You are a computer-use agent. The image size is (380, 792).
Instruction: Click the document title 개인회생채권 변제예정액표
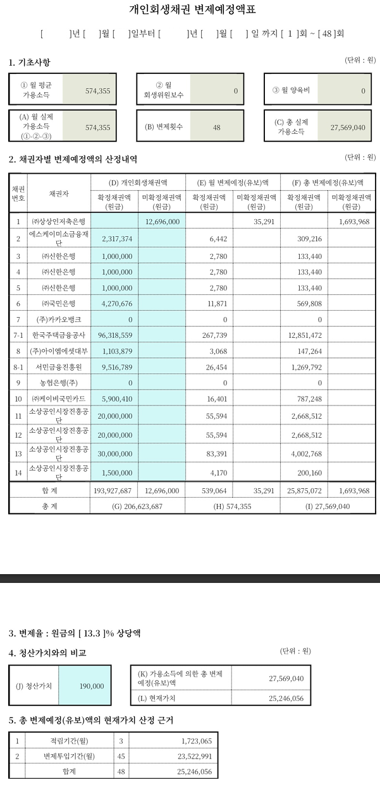point(192,9)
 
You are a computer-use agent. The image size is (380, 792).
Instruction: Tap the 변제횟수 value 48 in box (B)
point(216,127)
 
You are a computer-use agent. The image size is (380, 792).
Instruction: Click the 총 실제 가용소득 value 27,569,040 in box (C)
point(348,127)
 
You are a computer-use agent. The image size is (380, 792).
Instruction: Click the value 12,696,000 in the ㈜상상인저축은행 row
point(162,222)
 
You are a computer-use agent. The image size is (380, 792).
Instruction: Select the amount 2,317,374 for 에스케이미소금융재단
point(116,239)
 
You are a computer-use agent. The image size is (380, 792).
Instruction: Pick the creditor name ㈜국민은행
point(58,303)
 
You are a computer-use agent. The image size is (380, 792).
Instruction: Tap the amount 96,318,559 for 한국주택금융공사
point(113,335)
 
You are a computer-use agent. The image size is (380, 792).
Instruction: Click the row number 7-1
point(18,335)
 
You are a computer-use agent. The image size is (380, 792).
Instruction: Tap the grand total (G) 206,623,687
point(137,507)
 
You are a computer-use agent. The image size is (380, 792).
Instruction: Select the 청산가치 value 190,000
point(92,685)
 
